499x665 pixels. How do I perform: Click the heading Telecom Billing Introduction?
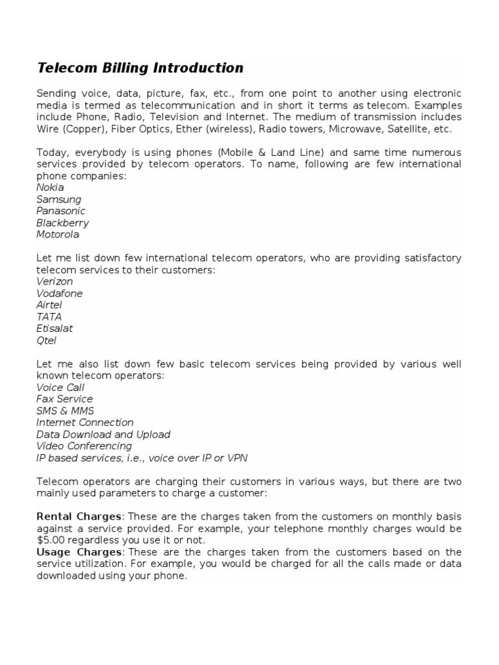coord(140,68)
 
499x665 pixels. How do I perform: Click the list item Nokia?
coord(50,188)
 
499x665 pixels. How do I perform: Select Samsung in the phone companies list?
coord(58,199)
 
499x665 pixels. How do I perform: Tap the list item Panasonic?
coord(60,211)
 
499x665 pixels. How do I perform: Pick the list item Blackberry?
coord(62,223)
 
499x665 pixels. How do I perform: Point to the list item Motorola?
coord(58,234)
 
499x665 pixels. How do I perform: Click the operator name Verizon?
coord(55,281)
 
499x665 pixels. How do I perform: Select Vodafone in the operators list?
coord(59,294)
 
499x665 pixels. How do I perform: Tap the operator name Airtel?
coord(50,305)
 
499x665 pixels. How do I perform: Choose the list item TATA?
coord(49,317)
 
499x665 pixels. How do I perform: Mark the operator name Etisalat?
coord(55,329)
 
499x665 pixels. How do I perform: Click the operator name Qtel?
coord(46,340)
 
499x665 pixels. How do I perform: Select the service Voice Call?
coord(60,388)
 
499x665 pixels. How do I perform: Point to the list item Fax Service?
coord(64,399)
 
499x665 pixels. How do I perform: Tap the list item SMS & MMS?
coord(65,411)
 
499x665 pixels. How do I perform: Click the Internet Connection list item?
coord(85,423)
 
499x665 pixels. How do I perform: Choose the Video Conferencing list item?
coord(84,446)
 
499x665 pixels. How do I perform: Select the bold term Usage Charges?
coord(79,552)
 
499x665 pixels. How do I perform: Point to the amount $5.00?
coord(50,540)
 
